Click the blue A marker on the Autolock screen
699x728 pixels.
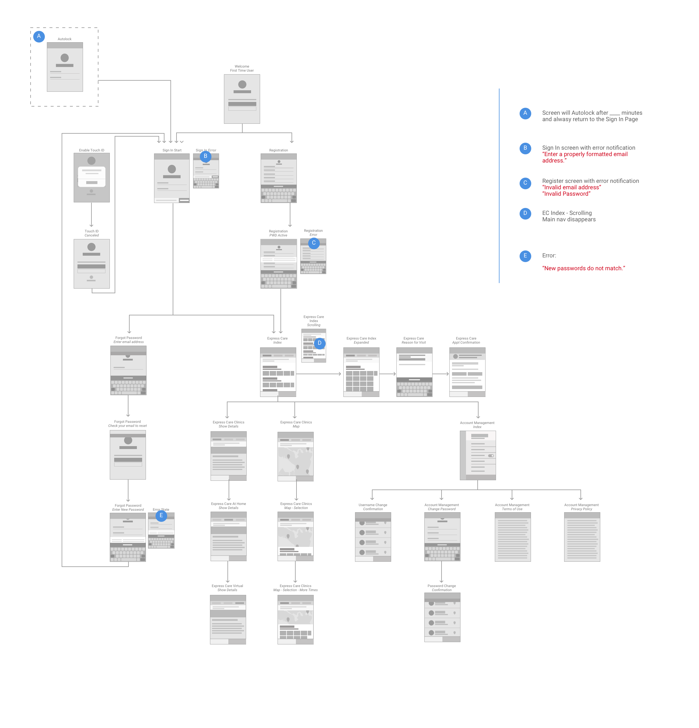click(39, 36)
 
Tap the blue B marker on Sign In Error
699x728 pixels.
click(205, 156)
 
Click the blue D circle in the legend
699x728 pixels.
click(525, 213)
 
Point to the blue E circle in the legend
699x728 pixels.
click(525, 256)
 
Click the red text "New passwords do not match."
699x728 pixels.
click(583, 268)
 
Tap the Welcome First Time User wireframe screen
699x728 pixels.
click(242, 99)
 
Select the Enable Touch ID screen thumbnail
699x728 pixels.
click(92, 178)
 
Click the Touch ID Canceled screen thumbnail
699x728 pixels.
click(92, 264)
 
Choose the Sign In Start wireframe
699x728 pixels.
click(172, 178)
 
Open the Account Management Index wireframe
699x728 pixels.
click(478, 455)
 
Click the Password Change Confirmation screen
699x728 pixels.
click(442, 617)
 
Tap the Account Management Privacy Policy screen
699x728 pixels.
click(582, 537)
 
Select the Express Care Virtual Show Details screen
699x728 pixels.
click(228, 620)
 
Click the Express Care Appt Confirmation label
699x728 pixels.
click(466, 340)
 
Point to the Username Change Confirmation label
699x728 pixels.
click(373, 507)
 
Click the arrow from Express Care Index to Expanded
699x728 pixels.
click(319, 374)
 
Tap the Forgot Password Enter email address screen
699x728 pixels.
click(128, 370)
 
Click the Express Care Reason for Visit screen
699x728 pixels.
click(414, 372)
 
